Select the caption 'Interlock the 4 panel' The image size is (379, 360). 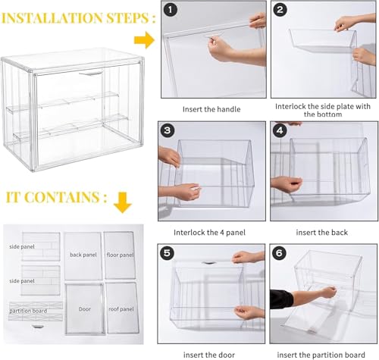coord(210,231)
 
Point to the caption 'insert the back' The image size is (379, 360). coord(318,231)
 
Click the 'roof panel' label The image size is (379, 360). coord(120,308)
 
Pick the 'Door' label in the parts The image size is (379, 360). coord(84,308)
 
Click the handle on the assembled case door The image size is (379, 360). coord(91,74)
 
